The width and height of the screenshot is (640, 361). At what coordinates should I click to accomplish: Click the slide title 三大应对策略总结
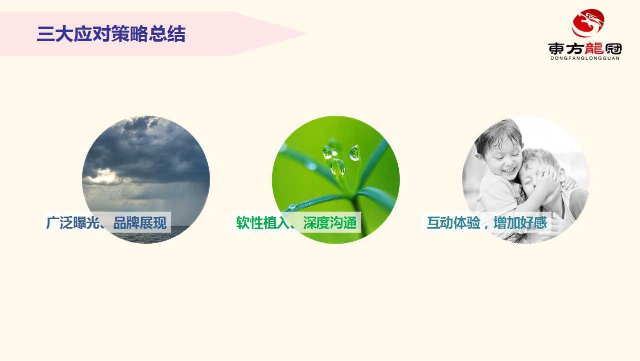coord(111,35)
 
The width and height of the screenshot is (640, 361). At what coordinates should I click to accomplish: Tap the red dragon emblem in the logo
coord(588,23)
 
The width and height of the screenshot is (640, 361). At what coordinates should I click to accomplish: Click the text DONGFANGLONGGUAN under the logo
coord(584,58)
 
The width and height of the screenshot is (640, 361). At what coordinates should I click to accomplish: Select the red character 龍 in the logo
coord(594,48)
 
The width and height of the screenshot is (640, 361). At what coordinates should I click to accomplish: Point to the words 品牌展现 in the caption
coord(140,223)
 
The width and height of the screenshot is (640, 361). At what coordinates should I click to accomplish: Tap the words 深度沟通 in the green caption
coord(330,223)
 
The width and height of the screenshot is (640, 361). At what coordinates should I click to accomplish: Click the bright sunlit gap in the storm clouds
coord(104,176)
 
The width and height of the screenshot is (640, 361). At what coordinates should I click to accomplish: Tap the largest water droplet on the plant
coord(338,166)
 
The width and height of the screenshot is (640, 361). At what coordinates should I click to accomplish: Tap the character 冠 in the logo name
coord(612,49)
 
